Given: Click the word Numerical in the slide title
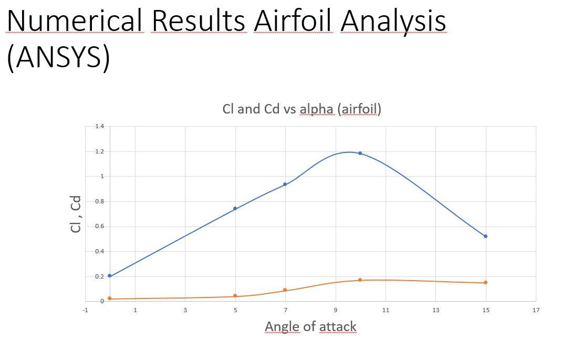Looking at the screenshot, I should point(74,21).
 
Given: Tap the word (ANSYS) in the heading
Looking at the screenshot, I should point(58,56).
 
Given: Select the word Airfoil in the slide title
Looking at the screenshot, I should point(293,21).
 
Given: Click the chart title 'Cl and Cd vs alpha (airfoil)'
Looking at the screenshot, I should point(302,109).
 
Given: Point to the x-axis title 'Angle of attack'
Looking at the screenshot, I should point(310,326).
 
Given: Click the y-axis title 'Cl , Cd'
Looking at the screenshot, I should point(76,214).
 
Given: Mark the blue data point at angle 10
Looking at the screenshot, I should point(360,153).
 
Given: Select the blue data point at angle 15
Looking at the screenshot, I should point(485,236).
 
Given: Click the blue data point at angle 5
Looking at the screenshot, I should point(235,209).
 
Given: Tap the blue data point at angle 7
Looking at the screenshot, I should point(285,184).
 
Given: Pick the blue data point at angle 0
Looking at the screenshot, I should point(109,276).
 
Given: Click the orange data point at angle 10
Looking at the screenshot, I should point(360,280).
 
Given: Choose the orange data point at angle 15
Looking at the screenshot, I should point(485,283).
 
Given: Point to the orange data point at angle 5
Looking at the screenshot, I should point(235,296).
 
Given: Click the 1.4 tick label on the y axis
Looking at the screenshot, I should point(100,127).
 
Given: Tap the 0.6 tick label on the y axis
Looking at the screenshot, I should point(100,227).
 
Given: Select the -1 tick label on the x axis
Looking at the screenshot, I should point(85,310).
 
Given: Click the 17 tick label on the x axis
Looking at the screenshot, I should point(536,310).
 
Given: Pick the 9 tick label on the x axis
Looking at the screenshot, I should point(335,310).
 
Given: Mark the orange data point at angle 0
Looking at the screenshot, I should point(109,299).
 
